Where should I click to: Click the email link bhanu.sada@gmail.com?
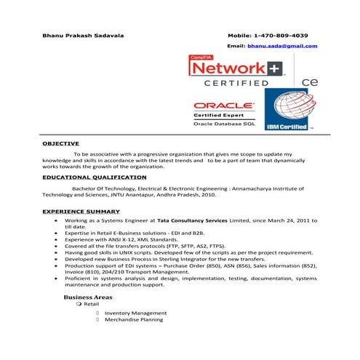[282, 46]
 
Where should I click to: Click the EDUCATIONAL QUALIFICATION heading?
[94, 177]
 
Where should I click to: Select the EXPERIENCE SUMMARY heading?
[81, 211]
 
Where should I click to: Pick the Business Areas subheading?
[88, 297]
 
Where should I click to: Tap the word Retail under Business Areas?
[92, 305]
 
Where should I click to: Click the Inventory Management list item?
[134, 313]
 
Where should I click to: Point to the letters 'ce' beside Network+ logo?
[308, 82]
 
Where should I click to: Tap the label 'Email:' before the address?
[236, 46]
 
